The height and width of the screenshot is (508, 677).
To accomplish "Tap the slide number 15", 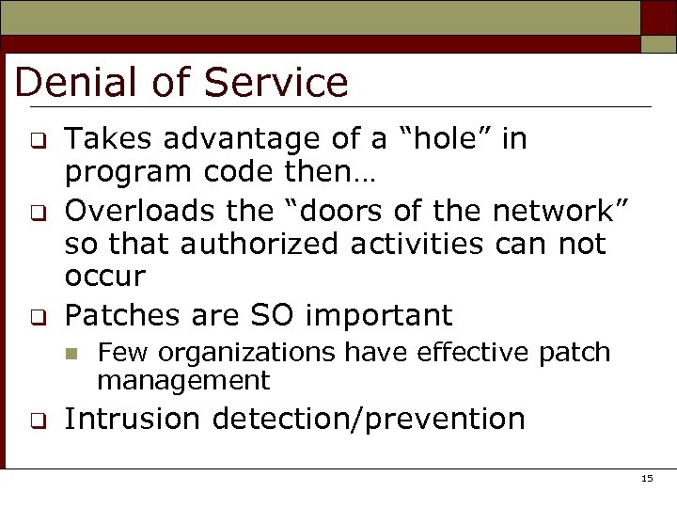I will click(x=646, y=480).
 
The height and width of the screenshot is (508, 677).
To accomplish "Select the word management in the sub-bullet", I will click(x=183, y=381).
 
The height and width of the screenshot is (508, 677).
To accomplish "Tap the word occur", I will click(x=104, y=277).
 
